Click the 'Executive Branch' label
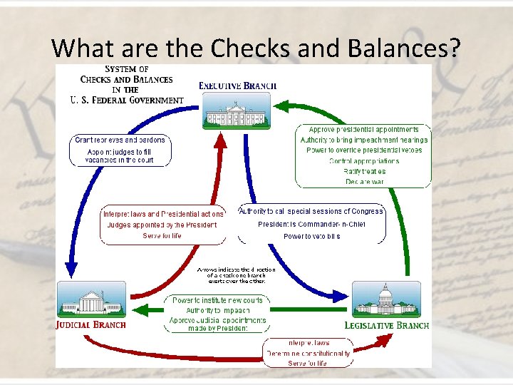point(237,86)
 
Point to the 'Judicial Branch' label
point(90,324)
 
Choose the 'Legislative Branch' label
point(386,325)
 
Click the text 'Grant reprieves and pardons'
point(120,140)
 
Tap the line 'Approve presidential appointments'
point(363,129)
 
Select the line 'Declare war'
point(363,182)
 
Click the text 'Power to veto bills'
point(311,236)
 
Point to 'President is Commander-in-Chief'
point(311,224)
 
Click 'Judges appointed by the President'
point(162,225)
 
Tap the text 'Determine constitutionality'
point(308,353)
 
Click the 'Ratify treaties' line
point(363,171)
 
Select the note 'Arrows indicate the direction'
point(236,269)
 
